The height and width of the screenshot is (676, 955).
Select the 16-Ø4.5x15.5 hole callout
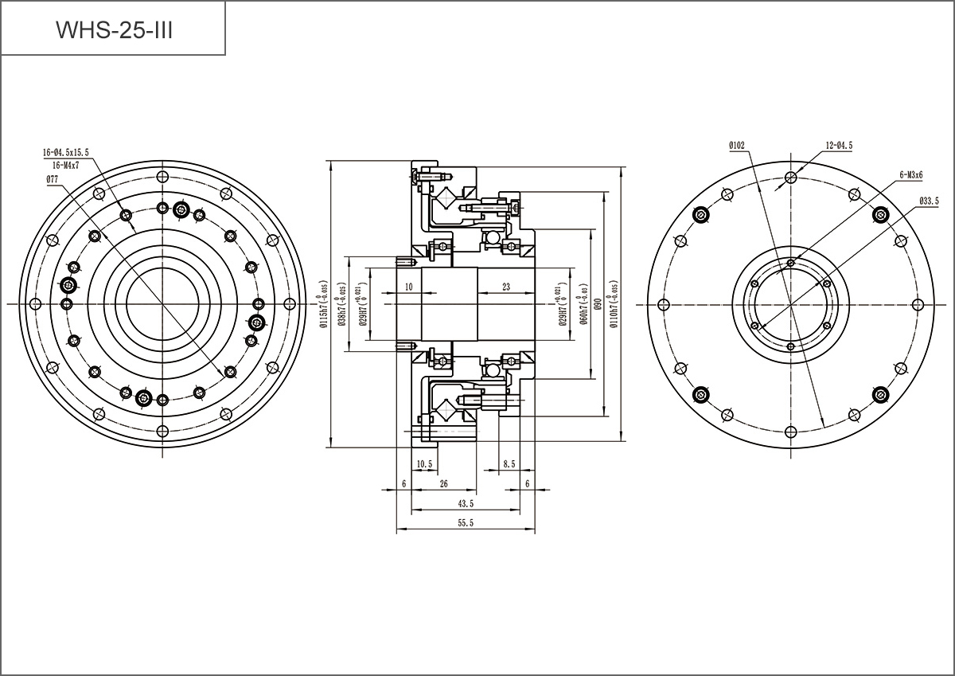[x=66, y=151]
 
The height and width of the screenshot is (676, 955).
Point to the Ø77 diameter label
[x=53, y=179]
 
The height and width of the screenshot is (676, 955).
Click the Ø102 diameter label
[x=736, y=145]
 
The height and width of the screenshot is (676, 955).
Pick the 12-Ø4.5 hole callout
[x=839, y=145]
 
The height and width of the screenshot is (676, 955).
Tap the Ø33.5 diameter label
[x=929, y=201]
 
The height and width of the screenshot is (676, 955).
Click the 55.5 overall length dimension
[x=466, y=523]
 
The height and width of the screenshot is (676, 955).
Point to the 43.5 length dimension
[x=466, y=503]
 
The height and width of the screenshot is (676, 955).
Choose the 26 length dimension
[x=443, y=483]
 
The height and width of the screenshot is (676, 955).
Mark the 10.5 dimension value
[x=423, y=463]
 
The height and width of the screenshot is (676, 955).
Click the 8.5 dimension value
[x=508, y=463]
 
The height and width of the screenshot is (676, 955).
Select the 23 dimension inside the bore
[x=506, y=286]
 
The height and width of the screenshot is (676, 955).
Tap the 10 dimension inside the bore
[x=408, y=286]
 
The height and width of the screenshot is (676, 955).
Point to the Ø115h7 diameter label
[x=324, y=304]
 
